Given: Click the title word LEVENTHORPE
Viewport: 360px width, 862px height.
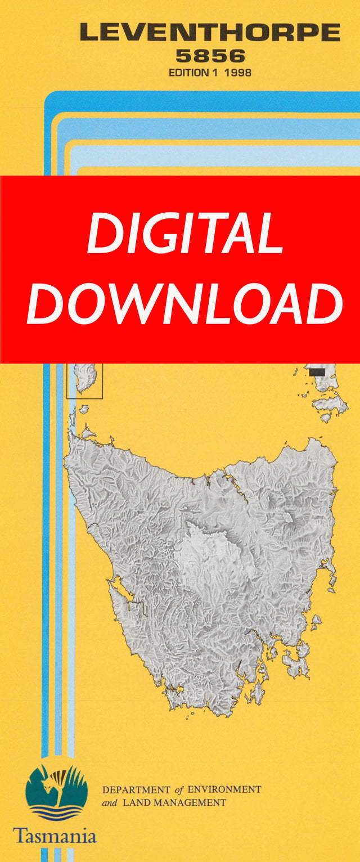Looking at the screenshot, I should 210,33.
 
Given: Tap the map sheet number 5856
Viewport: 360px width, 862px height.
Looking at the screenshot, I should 210,56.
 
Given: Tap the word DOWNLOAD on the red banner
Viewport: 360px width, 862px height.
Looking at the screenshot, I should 184,304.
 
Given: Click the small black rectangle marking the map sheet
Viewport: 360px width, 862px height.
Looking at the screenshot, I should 317,371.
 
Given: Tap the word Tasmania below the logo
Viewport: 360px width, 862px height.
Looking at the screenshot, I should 55,835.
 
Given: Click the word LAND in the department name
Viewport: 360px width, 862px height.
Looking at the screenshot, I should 133,803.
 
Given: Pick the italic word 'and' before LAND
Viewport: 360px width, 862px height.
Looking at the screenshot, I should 109,803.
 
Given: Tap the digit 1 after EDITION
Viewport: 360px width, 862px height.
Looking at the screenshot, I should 217,73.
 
